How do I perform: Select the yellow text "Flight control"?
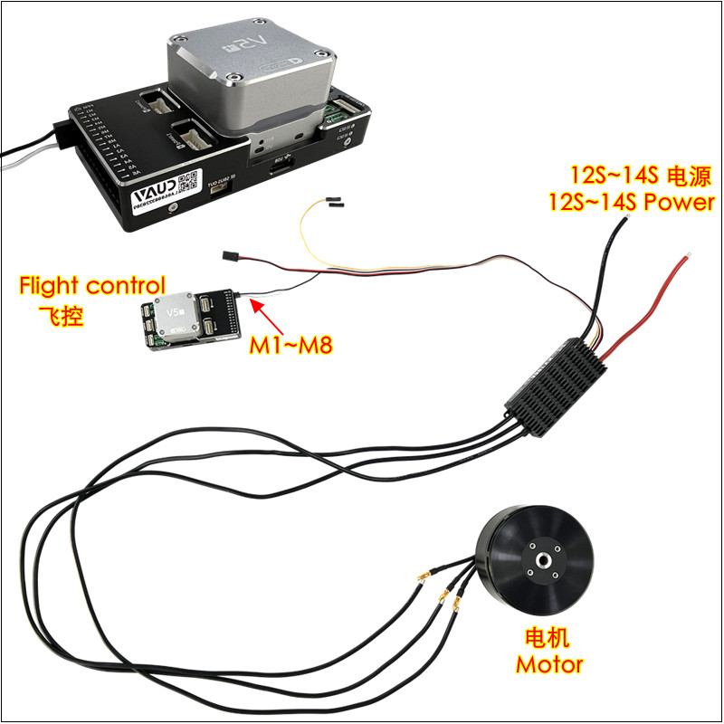coord(92,287)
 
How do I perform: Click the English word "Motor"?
coord(549,664)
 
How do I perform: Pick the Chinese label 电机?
coord(548,638)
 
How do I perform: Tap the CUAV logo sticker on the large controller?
coord(155,195)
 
